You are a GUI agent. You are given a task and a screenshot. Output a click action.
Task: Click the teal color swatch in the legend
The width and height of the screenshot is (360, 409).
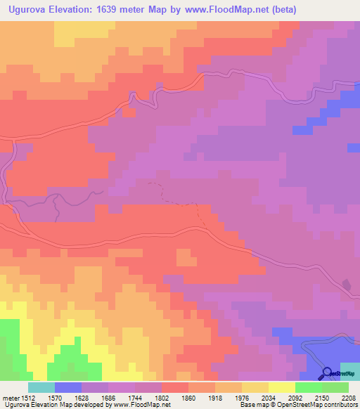(x=41, y=387)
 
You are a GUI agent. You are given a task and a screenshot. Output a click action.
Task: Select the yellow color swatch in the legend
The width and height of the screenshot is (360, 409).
(x=281, y=387)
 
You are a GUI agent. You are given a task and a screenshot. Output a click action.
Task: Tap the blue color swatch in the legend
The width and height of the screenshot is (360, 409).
(x=67, y=387)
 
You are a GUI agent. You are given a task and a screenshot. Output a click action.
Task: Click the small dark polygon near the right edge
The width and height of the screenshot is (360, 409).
(x=346, y=285)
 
